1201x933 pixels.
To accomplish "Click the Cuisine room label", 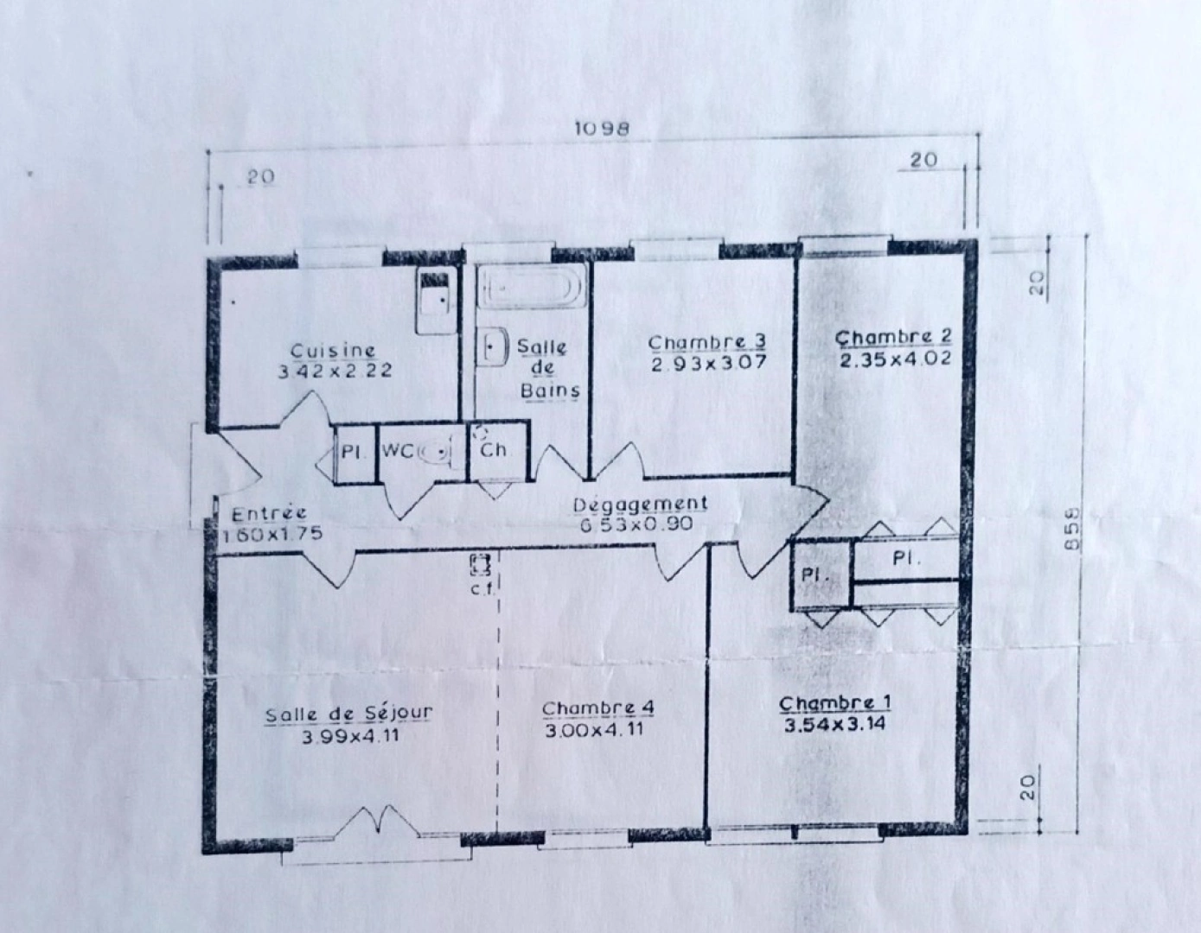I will pyautogui.click(x=333, y=351).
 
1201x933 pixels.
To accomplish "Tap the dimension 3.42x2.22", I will pyautogui.click(x=335, y=371).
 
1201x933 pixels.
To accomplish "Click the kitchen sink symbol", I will pyautogui.click(x=434, y=299).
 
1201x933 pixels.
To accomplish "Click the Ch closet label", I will pyautogui.click(x=493, y=450).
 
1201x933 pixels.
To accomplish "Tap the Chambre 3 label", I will pyautogui.click(x=706, y=343).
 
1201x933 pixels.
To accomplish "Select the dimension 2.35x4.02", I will pyautogui.click(x=895, y=358).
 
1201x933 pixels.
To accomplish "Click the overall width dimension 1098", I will pyautogui.click(x=602, y=129).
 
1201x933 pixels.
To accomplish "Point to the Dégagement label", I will pyautogui.click(x=641, y=505).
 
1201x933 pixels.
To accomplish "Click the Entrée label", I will pyautogui.click(x=269, y=514).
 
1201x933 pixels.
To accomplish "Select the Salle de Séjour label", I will pyautogui.click(x=348, y=714).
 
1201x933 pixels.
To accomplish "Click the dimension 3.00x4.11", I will pyautogui.click(x=597, y=731).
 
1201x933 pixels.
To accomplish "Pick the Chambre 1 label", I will pyautogui.click(x=834, y=703).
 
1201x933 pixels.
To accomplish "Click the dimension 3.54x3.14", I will pyautogui.click(x=834, y=725).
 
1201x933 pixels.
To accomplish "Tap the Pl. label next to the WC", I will pyautogui.click(x=350, y=451).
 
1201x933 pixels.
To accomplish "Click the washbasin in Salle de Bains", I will pyautogui.click(x=494, y=346).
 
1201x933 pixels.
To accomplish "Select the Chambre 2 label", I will pyautogui.click(x=894, y=337).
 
